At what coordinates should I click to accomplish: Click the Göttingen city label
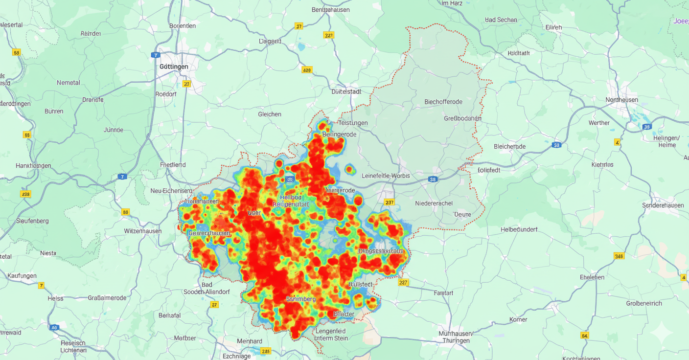pos(174,67)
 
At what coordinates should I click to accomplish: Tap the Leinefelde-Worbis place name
pos(386,176)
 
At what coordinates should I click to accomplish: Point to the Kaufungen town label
pos(22,276)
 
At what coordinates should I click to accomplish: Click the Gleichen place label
pos(270,114)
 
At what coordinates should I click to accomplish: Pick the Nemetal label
pos(69,83)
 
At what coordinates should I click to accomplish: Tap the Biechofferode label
pos(443,102)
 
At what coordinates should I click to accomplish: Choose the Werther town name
pos(599,123)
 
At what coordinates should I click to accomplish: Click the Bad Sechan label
pos(501,20)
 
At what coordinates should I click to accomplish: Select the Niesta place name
pos(48,253)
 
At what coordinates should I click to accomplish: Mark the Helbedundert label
pos(519,229)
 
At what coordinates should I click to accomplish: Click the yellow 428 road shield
pos(307,70)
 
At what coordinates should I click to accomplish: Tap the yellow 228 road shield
pos(25,194)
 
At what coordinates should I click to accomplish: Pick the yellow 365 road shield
pos(619,256)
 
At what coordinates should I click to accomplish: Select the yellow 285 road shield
pos(266,351)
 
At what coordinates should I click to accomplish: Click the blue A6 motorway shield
pos(54,328)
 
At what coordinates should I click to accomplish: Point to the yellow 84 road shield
pos(584,336)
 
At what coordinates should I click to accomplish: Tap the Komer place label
pos(518,319)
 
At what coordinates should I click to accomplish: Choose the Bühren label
pos(54,111)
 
